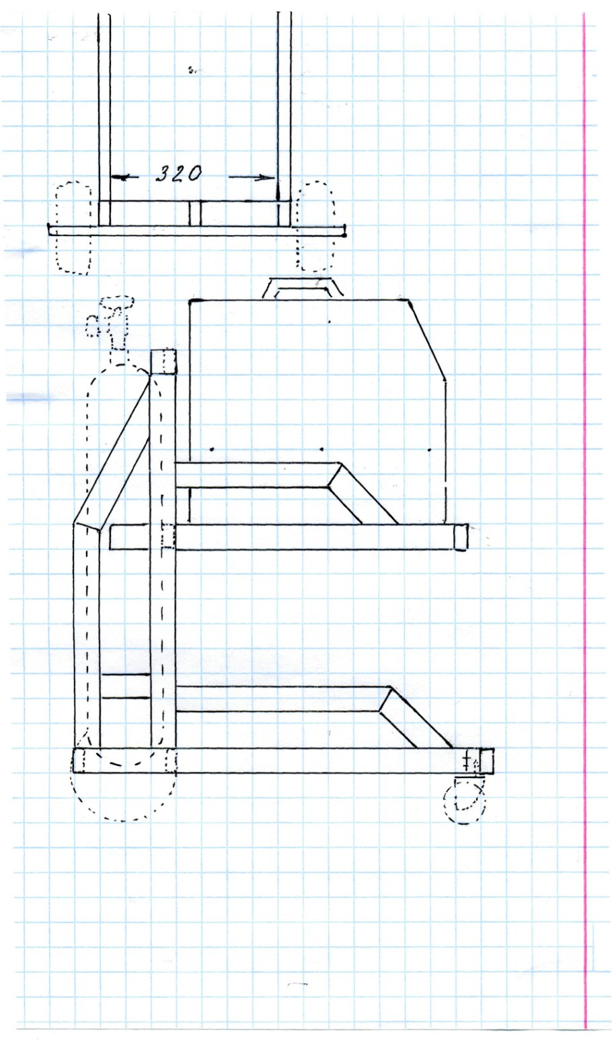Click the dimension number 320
(178, 173)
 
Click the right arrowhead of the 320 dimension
(266, 178)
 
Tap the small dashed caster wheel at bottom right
(465, 803)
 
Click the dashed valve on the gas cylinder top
(112, 319)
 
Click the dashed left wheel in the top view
(74, 227)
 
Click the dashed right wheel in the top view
(317, 226)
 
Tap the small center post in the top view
(195, 214)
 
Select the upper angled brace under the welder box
(363, 493)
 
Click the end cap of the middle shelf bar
(461, 537)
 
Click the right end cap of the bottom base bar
(486, 760)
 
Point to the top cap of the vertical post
(163, 362)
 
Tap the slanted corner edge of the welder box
(426, 340)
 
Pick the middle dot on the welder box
(321, 449)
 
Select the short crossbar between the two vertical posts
(126, 686)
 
